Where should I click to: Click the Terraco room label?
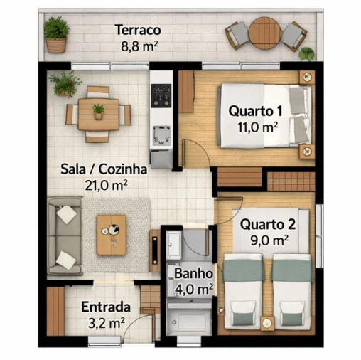[137, 31]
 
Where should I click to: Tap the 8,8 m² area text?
[139, 46]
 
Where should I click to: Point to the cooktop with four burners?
[161, 94]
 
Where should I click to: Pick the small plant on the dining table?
[98, 111]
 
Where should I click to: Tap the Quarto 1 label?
[256, 111]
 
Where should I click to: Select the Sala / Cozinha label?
[104, 169]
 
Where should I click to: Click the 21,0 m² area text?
[105, 185]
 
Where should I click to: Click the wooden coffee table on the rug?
[112, 234]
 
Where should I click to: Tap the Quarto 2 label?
[267, 224]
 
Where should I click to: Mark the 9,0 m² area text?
[269, 240]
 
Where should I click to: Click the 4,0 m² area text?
[194, 289]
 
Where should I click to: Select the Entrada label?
[106, 307]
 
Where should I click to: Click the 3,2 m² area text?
[105, 323]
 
